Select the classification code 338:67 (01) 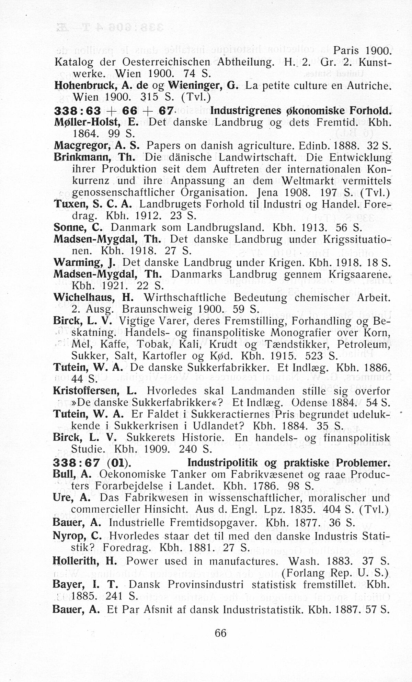tap(92, 463)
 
